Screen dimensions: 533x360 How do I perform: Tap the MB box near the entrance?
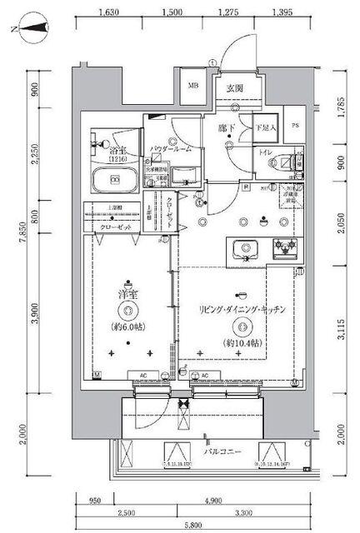click(x=193, y=85)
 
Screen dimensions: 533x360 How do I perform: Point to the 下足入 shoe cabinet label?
click(x=264, y=127)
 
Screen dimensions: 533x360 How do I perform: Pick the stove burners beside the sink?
click(x=287, y=247)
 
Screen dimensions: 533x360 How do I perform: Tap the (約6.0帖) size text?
click(x=128, y=326)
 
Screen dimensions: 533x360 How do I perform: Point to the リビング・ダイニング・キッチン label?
click(x=242, y=309)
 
